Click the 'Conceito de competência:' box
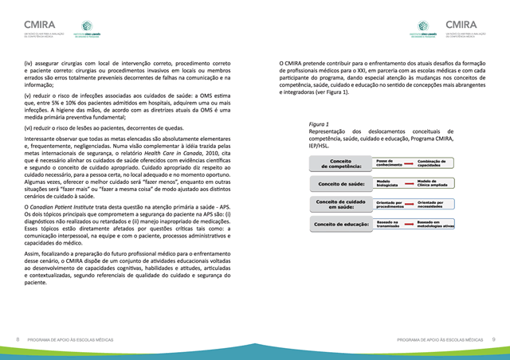point(340,163)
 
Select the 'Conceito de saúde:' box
point(340,184)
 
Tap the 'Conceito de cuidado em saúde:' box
point(340,205)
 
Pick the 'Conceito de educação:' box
point(340,225)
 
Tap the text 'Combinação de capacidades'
point(436,162)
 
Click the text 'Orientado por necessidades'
point(436,205)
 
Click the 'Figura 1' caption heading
point(319,125)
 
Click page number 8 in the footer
point(18,340)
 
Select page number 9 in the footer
point(493,340)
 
